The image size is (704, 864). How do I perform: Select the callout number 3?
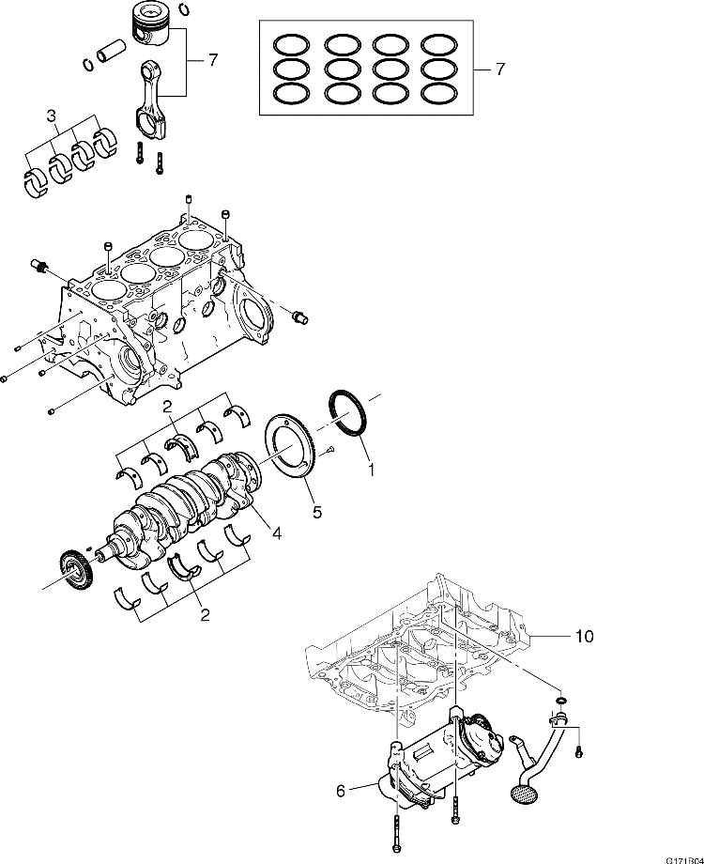pos(53,116)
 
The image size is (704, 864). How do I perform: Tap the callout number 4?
pos(276,533)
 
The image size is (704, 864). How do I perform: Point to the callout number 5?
pos(316,512)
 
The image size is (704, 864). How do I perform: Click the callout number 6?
pos(340,791)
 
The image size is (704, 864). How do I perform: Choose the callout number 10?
pos(584,636)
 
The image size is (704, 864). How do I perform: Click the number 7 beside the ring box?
pos(499,69)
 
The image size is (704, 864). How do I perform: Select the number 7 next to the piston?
pos(212,60)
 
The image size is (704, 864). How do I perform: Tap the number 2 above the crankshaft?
pos(165,408)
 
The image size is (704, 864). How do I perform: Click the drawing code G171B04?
pos(683,858)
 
